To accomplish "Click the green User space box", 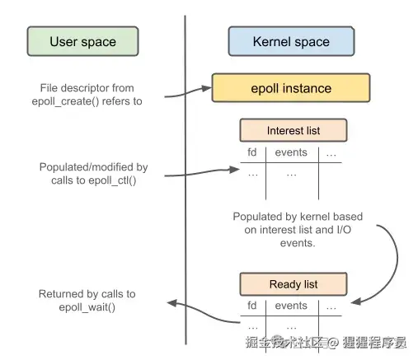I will tap(82, 41).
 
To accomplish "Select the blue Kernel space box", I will tap(291, 41).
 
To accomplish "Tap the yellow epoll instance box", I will tap(291, 88).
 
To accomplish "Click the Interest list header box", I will tap(292, 130).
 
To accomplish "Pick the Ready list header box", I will tap(292, 284).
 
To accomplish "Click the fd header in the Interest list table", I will tap(252, 153).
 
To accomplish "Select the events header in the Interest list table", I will tap(291, 153).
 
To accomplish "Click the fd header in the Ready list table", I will tap(252, 306).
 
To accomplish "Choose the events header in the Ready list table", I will tap(291, 306).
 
